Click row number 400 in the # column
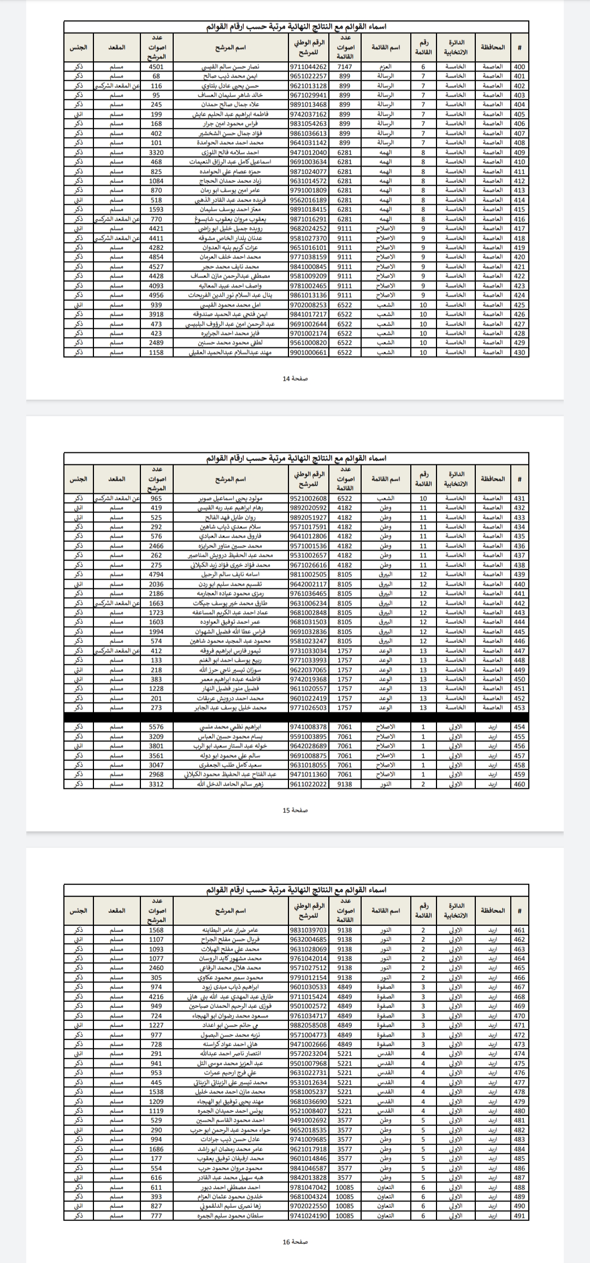[x=520, y=67]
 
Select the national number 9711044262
[x=308, y=67]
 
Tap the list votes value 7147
[x=345, y=67]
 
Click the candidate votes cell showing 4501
[x=156, y=67]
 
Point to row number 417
[x=520, y=229]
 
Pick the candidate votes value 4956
[x=156, y=295]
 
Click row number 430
[x=520, y=352]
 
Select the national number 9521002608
[x=308, y=498]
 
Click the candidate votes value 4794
[x=156, y=574]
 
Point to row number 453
[x=520, y=707]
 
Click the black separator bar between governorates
[x=296, y=717]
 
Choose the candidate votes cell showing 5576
[x=156, y=727]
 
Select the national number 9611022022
[x=308, y=784]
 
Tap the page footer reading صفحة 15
[x=295, y=810]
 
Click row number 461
[x=520, y=930]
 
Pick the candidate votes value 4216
[x=156, y=996]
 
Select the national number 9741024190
[x=308, y=1215]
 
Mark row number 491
[x=520, y=1215]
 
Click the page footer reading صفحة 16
[x=295, y=1242]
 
